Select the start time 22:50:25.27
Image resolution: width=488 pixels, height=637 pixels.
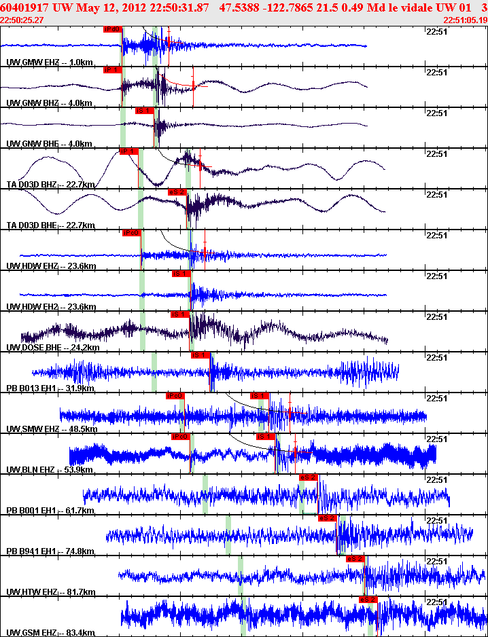pos(22,20)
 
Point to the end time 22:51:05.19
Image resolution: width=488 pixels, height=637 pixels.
pos(466,20)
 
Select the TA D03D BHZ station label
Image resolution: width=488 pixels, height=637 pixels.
pos(31,185)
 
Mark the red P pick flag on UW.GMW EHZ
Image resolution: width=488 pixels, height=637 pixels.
pos(112,29)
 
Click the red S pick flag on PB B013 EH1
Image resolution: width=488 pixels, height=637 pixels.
pos(199,355)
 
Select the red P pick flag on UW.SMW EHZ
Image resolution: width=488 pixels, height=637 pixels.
pos(175,396)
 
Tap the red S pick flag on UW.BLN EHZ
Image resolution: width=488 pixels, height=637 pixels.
pos(264,437)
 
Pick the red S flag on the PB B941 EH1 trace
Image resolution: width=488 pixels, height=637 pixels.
pos(327,518)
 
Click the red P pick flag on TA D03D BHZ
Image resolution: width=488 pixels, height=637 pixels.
pos(128,151)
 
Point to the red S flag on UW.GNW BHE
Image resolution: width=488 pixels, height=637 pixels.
pos(144,111)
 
